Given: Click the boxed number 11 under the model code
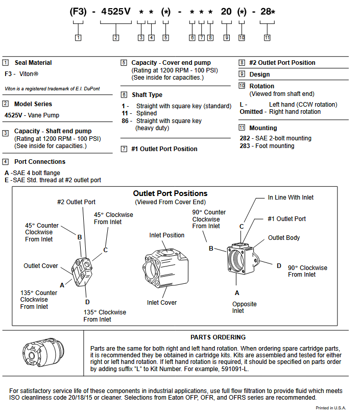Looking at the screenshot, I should (267, 37).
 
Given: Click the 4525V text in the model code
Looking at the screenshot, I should (115, 11).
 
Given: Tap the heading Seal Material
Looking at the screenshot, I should (33, 63).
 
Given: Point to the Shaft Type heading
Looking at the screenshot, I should (147, 94).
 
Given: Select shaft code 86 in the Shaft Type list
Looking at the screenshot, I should (125, 121).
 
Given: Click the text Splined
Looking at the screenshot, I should (147, 113).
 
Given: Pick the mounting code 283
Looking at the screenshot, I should (245, 146).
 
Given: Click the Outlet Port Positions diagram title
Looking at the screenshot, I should (170, 193).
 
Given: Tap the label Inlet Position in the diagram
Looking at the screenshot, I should (167, 235).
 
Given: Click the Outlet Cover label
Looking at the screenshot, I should (41, 266).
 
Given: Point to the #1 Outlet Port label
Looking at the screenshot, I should (287, 219).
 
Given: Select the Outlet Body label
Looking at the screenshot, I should (284, 238).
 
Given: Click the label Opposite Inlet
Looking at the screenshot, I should (244, 307).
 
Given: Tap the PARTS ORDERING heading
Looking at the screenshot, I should (218, 337).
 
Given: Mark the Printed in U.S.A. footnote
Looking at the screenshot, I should (330, 408).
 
